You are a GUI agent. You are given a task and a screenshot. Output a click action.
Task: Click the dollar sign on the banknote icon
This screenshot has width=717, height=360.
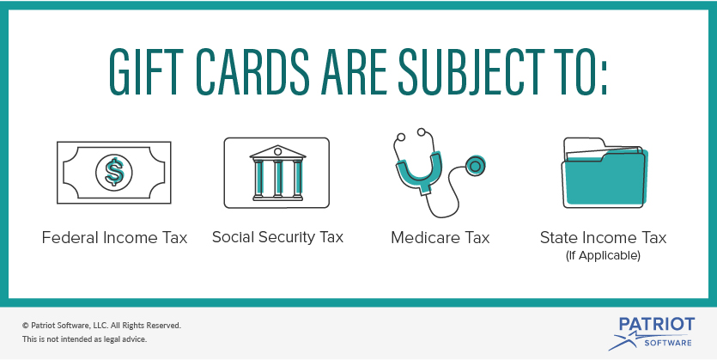[114, 172]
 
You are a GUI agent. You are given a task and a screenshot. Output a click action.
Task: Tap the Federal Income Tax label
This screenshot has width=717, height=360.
[114, 238]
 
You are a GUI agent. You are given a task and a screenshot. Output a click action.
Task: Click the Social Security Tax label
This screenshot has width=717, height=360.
[277, 237]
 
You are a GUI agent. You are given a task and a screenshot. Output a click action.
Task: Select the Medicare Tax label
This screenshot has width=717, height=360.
[440, 238]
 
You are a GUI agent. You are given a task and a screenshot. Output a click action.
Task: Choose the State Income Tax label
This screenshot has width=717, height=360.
[603, 238]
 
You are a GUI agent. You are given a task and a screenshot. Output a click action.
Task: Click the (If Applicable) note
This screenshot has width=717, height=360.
[603, 256]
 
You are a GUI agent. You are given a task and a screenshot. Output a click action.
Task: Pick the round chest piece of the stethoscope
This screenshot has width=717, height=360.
[475, 166]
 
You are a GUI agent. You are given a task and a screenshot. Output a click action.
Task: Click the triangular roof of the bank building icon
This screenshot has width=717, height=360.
[277, 152]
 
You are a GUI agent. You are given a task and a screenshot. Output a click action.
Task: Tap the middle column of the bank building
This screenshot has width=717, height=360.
[277, 179]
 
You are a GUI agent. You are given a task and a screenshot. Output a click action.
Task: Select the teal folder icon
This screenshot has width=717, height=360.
[604, 173]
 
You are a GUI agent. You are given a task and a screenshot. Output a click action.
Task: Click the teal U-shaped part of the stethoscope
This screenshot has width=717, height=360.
[419, 173]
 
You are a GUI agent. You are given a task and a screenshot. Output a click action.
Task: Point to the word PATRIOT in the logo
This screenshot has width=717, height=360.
[657, 325]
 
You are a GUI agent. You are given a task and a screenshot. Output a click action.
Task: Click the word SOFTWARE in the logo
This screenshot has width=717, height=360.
[668, 343]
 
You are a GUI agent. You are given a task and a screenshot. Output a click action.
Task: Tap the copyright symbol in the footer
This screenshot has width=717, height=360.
[25, 326]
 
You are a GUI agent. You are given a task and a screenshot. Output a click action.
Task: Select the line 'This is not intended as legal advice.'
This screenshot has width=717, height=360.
[85, 339]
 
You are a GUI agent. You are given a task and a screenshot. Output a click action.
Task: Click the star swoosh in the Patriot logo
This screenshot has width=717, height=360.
[628, 341]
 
